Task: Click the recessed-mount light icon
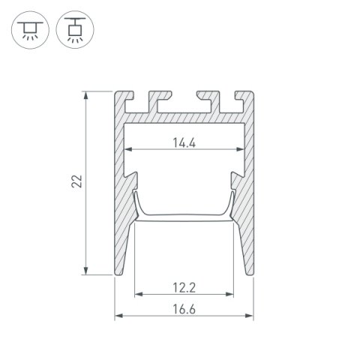click(28, 28)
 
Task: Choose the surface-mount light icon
click(70, 28)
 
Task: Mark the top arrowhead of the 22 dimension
click(88, 95)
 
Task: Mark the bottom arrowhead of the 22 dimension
click(88, 272)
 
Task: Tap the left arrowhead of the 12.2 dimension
click(137, 295)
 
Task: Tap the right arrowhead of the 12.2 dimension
click(230, 295)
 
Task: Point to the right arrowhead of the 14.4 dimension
click(240, 149)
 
